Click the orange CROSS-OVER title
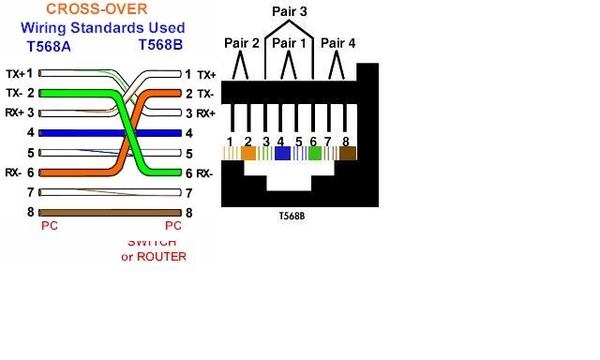point(102,9)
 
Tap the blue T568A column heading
point(48,45)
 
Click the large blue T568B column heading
point(160,45)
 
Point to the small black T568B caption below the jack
point(292,215)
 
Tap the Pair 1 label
point(290,43)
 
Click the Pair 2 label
point(242,43)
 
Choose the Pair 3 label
point(290,10)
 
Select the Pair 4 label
point(338,43)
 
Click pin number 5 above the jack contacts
point(298,142)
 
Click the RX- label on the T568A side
point(13,172)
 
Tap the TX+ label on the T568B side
point(206,73)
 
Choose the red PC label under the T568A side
point(49,227)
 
